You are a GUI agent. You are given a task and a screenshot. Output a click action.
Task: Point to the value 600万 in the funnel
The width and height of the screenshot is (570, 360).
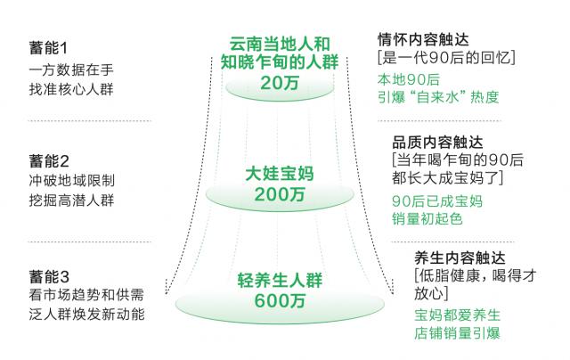279,302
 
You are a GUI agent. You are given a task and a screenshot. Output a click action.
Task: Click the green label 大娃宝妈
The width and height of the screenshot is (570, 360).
280,172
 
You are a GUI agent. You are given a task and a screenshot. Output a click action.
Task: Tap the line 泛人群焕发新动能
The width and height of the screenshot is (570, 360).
81,315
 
